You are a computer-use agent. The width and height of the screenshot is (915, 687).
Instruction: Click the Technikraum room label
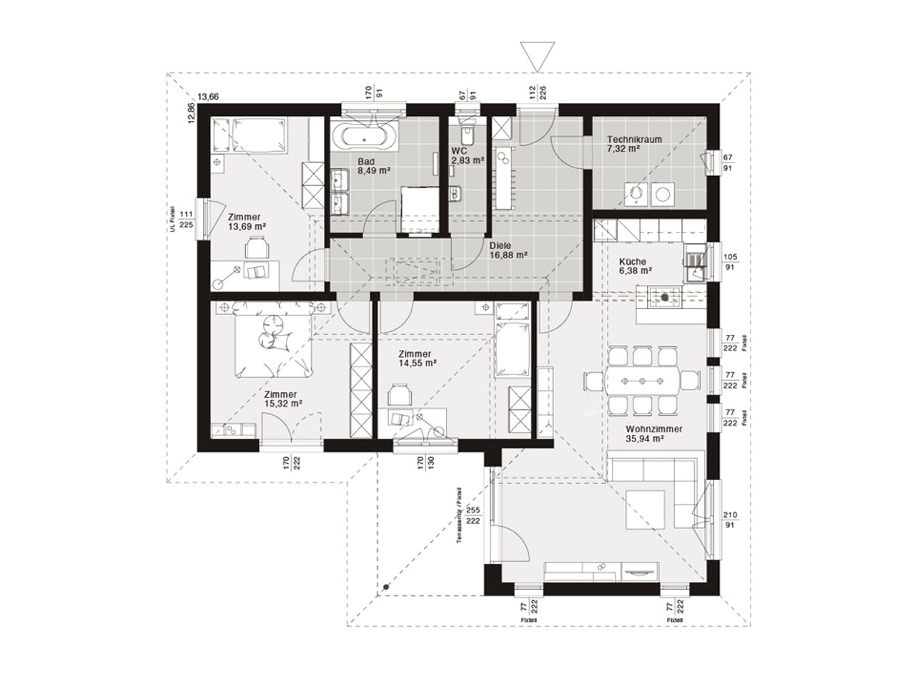pyautogui.click(x=634, y=140)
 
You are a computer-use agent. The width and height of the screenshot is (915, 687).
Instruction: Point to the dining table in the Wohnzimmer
pyautogui.click(x=642, y=380)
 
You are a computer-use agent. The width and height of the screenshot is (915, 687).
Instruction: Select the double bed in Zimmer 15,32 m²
pyautogui.click(x=274, y=339)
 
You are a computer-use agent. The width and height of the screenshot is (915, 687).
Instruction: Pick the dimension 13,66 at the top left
pyautogui.click(x=208, y=97)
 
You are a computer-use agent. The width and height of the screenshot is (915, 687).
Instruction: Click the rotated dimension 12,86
pyautogui.click(x=191, y=114)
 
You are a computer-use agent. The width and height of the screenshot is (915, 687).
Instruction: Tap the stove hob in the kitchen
pyautogui.click(x=666, y=296)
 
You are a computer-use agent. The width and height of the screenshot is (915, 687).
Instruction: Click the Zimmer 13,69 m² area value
pyautogui.click(x=247, y=227)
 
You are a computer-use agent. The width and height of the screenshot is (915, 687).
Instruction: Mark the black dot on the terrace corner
pyautogui.click(x=385, y=587)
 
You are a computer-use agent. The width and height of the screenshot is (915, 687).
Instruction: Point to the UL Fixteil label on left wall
pyautogui.click(x=172, y=219)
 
